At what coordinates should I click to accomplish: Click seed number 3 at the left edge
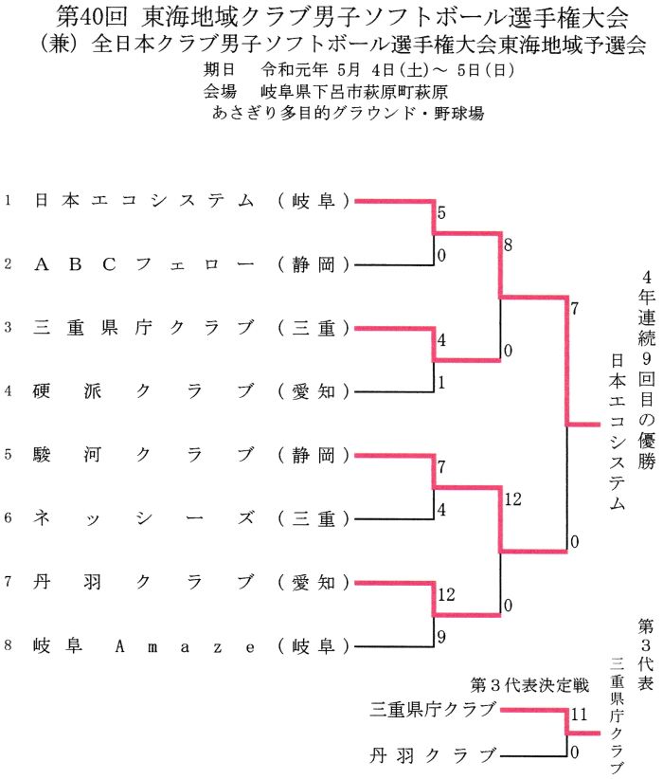point(8,328)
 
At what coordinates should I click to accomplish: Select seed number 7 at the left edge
point(8,582)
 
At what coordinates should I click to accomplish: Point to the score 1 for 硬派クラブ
point(441,383)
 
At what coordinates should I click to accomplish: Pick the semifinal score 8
point(509,245)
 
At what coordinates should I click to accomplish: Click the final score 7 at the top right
point(574,308)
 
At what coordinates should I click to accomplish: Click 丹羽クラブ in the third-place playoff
point(433,755)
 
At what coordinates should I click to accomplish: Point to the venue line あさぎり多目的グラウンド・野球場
point(349,112)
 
